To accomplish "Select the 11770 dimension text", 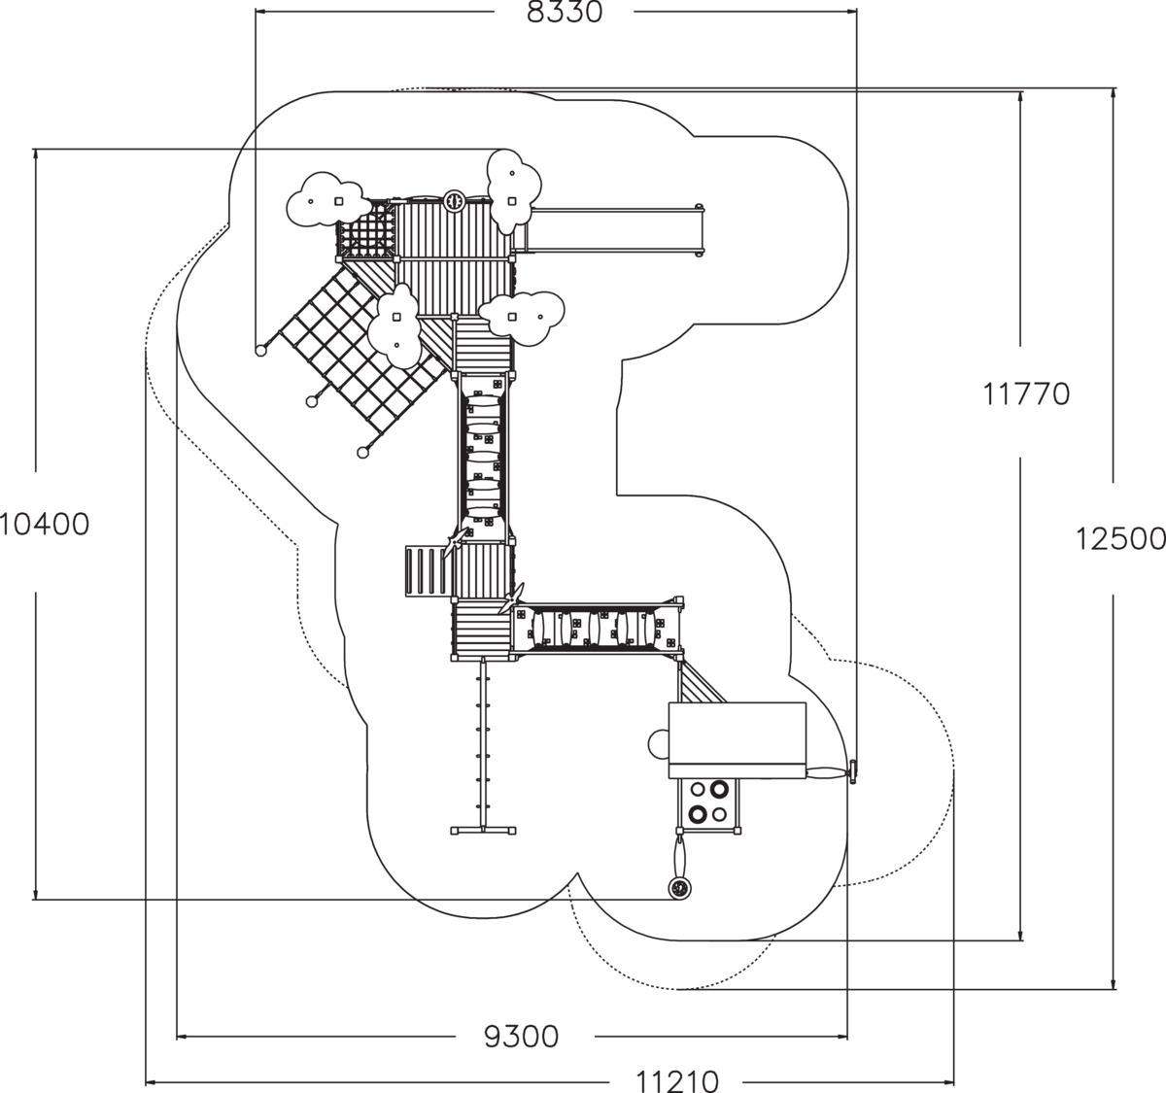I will point(1025,394).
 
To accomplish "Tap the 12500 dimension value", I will point(1120,538).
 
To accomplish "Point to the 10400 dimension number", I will point(45,525).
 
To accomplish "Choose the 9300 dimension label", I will point(522,1037).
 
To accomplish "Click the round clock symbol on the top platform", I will point(453,200).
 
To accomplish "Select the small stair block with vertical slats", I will point(425,571).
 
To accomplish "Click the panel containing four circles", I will point(708,803).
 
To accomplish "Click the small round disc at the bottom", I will point(679,887).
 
